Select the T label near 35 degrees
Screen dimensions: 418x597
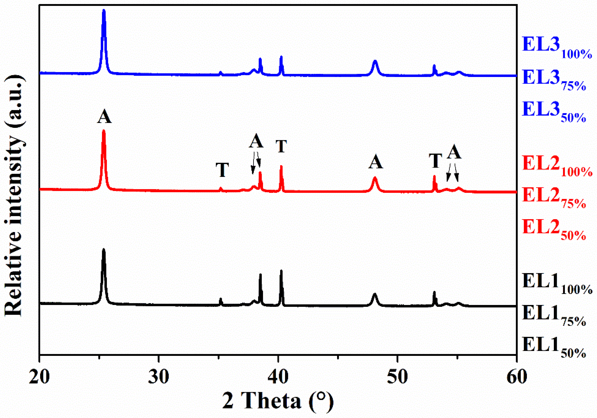tap(222, 170)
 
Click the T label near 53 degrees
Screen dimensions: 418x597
tap(435, 160)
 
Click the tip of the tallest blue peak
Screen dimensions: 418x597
tap(104, 10)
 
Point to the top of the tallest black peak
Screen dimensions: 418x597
tap(103, 250)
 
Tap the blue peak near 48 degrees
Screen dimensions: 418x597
tap(375, 62)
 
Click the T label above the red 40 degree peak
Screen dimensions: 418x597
tap(281, 146)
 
